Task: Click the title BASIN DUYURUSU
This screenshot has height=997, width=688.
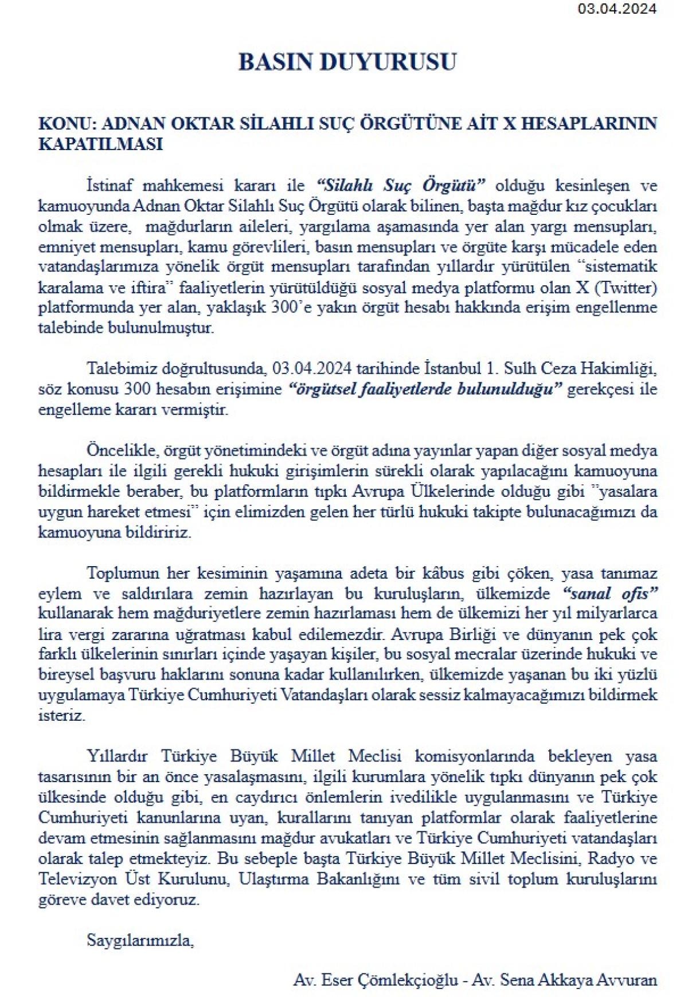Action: coord(347,62)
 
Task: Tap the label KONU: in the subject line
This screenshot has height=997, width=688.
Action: coord(62,124)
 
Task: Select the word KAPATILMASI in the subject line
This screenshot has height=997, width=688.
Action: coord(100,144)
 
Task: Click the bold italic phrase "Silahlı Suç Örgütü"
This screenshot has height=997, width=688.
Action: coord(401,186)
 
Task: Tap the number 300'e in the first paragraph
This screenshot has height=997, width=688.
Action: coord(297,308)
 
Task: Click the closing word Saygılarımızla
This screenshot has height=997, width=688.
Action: coord(140,940)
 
